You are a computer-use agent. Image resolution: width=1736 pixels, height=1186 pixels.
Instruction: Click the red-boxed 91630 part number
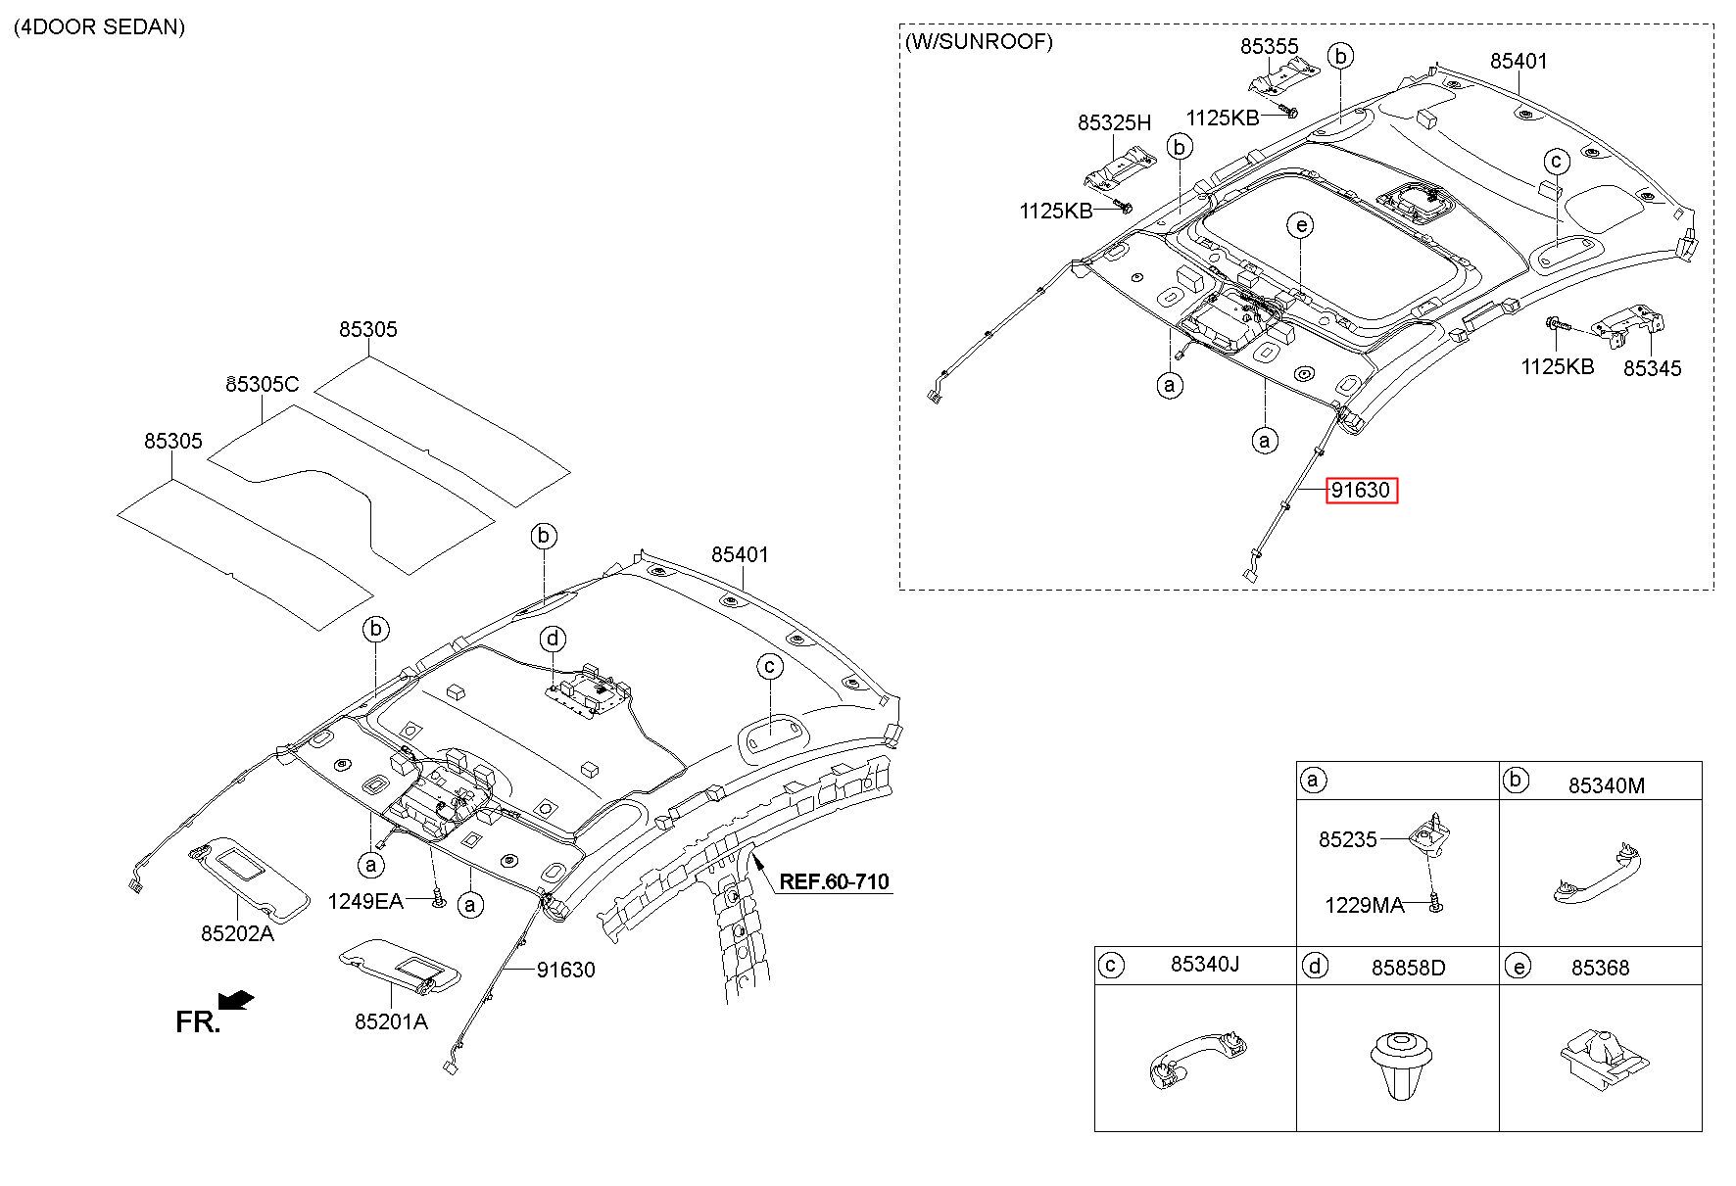1362,490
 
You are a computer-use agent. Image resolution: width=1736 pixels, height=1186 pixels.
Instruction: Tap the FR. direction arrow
236,1000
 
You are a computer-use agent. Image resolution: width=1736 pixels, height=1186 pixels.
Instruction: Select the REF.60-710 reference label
834,881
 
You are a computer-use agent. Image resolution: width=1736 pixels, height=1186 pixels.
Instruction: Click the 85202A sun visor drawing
249,878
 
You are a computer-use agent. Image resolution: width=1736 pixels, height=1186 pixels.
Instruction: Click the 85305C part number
263,384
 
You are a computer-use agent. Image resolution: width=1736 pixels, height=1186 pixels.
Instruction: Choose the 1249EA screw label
365,901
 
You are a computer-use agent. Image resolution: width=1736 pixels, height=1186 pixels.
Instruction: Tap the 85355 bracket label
1269,46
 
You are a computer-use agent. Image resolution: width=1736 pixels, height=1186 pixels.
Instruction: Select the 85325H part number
1114,122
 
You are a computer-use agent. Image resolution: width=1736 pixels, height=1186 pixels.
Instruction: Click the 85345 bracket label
1652,368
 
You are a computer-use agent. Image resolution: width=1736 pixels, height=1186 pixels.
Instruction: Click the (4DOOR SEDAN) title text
99,26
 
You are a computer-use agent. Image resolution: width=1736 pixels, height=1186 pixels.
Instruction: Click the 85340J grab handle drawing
1195,1061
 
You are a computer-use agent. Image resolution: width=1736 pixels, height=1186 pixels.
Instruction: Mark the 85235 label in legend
1347,839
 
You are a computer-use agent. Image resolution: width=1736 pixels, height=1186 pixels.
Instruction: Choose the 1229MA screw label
1364,905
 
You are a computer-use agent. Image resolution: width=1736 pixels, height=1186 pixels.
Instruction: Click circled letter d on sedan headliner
554,640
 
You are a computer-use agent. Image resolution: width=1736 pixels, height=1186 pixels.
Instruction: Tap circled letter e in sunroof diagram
1300,226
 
